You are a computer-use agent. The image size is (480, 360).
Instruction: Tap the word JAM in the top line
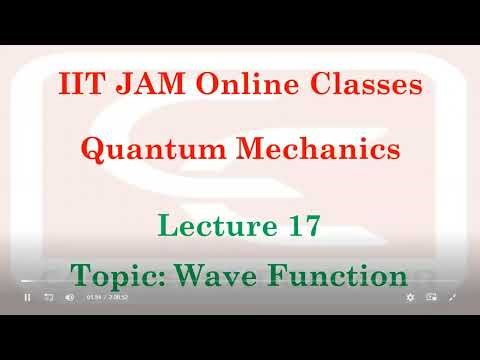click(142, 87)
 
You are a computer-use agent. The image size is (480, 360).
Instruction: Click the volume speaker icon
click(69, 297)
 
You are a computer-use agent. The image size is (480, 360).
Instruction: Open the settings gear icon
click(410, 297)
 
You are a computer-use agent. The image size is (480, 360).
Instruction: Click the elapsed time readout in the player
click(94, 297)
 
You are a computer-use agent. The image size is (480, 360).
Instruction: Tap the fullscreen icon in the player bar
click(453, 297)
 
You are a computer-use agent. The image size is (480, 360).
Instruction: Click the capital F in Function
click(285, 275)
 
